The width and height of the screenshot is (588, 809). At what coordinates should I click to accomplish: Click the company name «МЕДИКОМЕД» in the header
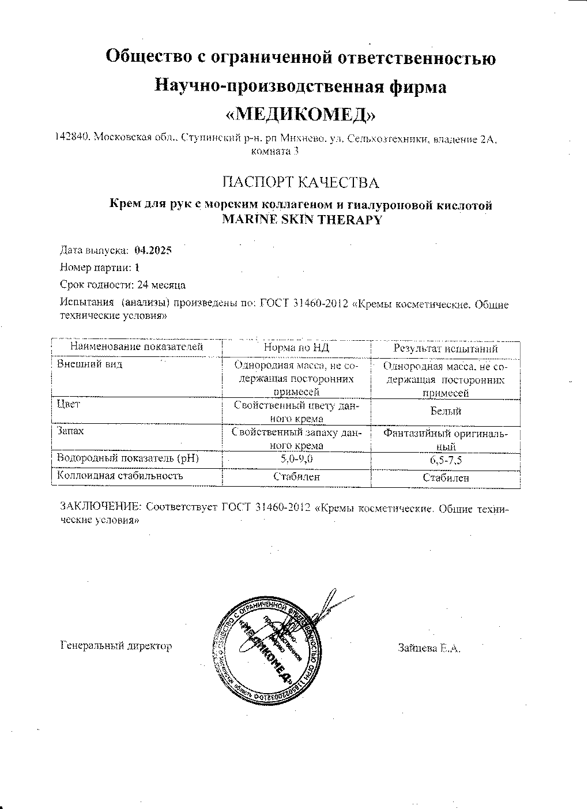click(300, 114)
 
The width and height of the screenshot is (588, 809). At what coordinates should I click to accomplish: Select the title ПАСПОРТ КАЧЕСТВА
click(300, 183)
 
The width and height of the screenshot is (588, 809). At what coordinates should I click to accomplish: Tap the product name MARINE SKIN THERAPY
click(301, 220)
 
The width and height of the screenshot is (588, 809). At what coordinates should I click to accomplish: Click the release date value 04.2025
click(153, 250)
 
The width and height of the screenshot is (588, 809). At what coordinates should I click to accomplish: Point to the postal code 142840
click(71, 138)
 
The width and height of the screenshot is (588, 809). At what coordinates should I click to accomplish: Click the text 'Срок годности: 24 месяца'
click(123, 284)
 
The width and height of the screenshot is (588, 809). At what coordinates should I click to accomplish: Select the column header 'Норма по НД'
click(296, 348)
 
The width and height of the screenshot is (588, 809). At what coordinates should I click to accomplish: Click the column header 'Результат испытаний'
click(445, 348)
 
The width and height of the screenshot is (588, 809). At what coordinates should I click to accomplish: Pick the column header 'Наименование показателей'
click(137, 347)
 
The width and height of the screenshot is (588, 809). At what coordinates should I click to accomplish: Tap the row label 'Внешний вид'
click(89, 364)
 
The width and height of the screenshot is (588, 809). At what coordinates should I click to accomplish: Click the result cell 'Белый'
click(446, 412)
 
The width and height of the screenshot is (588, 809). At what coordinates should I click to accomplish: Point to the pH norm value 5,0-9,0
click(296, 460)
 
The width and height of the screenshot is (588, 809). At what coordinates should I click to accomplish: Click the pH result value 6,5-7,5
click(446, 460)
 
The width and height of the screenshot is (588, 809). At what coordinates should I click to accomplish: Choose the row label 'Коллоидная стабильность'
click(120, 476)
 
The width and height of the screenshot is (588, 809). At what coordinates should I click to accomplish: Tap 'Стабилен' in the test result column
click(446, 477)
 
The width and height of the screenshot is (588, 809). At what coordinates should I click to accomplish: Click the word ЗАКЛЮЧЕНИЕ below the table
click(101, 507)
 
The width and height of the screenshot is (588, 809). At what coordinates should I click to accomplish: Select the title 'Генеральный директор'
click(116, 646)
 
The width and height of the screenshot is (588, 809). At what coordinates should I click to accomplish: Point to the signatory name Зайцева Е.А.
click(429, 648)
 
